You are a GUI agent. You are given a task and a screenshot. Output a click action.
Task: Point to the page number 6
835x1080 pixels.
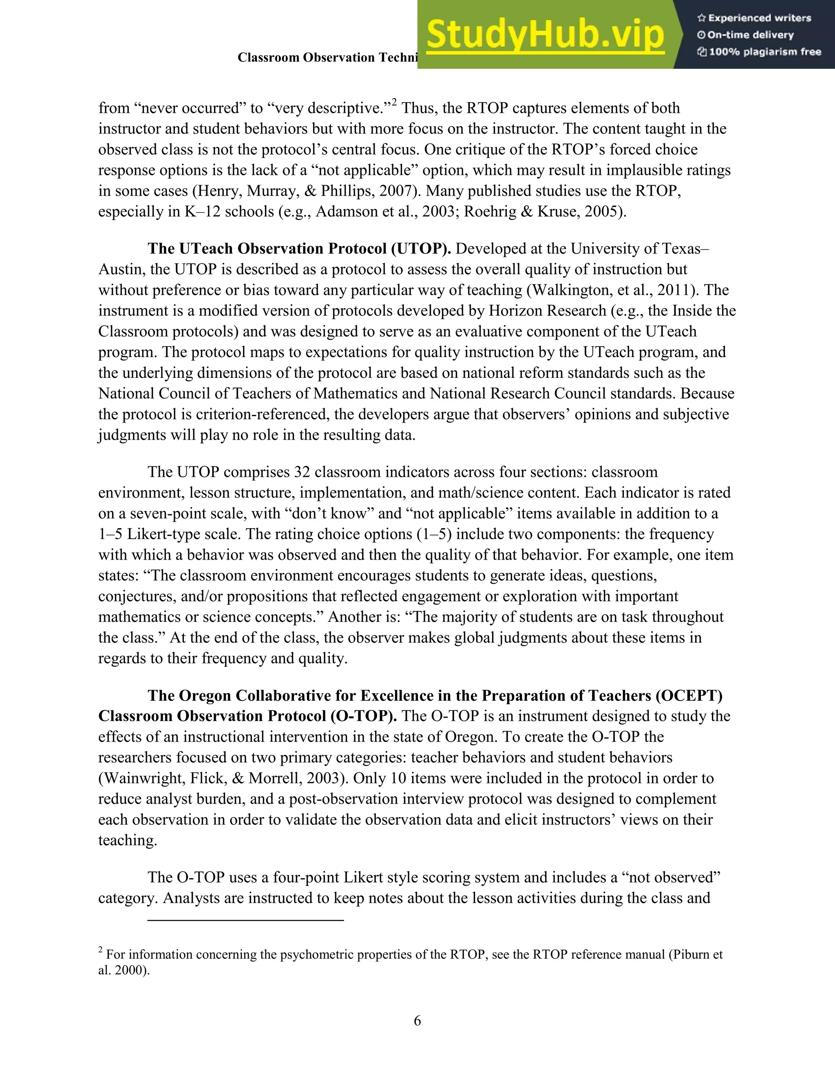coord(417,1020)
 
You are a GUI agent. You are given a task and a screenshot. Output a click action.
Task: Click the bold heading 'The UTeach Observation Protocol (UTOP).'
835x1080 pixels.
coord(299,248)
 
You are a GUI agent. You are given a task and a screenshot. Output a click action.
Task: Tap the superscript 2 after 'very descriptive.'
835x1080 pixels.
coord(394,103)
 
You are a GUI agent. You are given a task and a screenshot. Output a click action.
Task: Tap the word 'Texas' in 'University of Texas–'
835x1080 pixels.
coord(679,248)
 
